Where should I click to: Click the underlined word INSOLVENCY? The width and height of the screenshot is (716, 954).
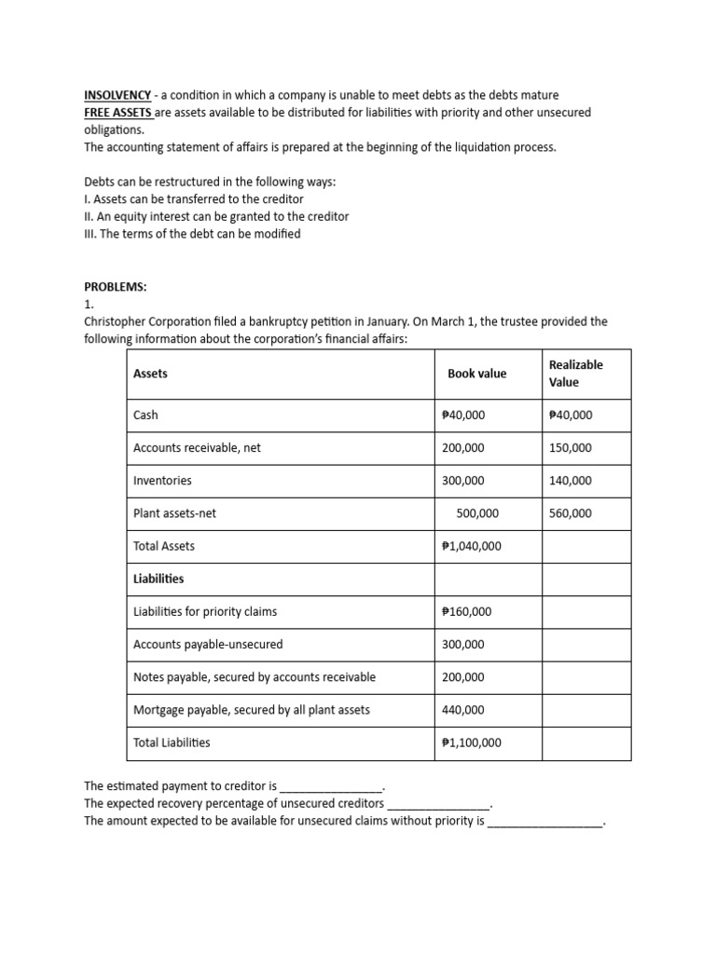[117, 95]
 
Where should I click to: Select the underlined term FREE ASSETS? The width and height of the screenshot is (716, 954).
[118, 113]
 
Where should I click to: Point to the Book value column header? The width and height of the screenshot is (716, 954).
[476, 374]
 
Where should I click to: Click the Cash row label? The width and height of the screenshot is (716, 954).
[146, 416]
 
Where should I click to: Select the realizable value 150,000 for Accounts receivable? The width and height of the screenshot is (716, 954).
[571, 448]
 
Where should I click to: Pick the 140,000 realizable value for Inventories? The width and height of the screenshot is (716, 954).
[571, 481]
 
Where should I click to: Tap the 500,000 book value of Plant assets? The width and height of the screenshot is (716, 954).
[477, 513]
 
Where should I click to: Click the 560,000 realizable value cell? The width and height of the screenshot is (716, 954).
[571, 513]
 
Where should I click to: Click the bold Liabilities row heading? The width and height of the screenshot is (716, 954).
[159, 579]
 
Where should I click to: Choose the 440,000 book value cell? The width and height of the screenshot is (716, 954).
[463, 710]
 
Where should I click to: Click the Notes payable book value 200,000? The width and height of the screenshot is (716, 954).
[463, 677]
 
